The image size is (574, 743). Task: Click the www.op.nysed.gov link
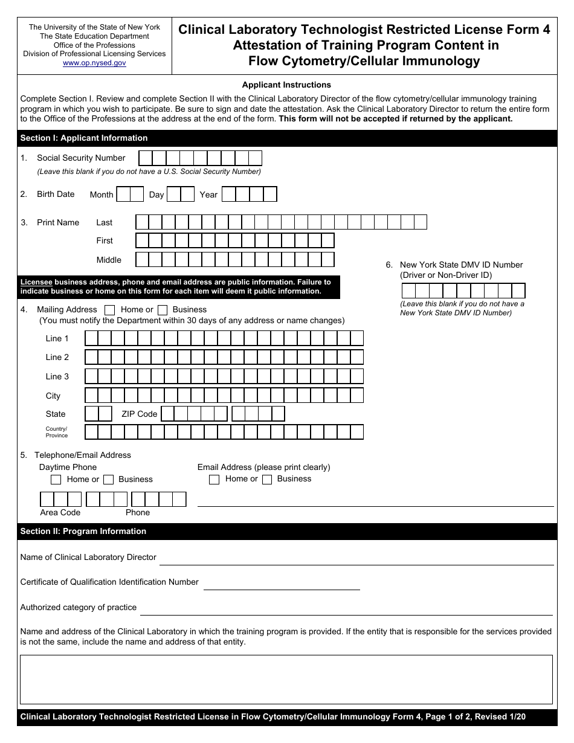click(94, 63)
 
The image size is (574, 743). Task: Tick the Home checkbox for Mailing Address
click(110, 310)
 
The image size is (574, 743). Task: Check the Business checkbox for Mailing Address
click(162, 310)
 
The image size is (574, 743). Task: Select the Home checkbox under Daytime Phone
click(56, 480)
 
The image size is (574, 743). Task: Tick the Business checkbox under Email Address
click(266, 480)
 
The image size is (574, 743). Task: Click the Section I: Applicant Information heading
click(84, 138)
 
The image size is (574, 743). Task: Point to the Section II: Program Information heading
click(83, 532)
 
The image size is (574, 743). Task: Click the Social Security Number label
click(81, 158)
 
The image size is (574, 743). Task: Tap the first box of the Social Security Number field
click(146, 158)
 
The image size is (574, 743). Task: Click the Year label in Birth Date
click(208, 195)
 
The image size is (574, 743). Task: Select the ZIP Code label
click(139, 414)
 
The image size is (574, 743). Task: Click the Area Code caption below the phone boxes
click(60, 513)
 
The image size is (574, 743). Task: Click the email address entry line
click(375, 501)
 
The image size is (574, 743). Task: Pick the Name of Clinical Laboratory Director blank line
click(356, 560)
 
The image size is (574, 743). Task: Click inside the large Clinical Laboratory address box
click(286, 680)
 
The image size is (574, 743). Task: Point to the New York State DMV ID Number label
click(461, 265)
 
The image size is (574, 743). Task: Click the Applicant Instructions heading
click(286, 85)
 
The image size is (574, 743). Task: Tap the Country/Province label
click(57, 432)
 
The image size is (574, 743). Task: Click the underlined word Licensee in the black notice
click(36, 282)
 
